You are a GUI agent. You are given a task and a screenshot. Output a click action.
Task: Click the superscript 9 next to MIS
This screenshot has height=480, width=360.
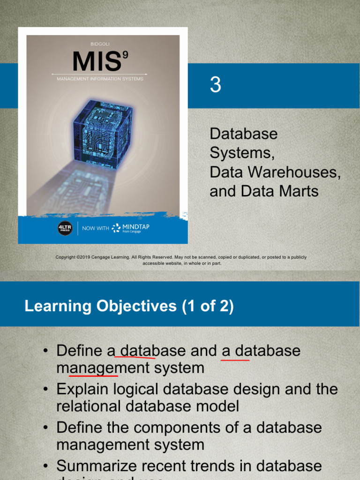[x=125, y=55]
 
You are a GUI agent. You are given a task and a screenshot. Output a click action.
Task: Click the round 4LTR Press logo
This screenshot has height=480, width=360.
[x=65, y=228]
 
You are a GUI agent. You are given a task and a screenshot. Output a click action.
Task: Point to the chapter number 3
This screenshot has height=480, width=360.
[x=215, y=85]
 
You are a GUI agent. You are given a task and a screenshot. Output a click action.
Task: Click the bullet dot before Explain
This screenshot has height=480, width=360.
[x=45, y=390]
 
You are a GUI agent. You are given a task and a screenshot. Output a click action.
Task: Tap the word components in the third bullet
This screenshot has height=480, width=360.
[x=196, y=427]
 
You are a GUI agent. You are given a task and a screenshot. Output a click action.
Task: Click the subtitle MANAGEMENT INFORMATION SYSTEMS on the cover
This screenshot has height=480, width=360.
[x=100, y=79]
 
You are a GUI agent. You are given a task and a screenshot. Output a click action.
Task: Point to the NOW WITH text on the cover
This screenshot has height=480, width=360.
[x=95, y=228]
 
